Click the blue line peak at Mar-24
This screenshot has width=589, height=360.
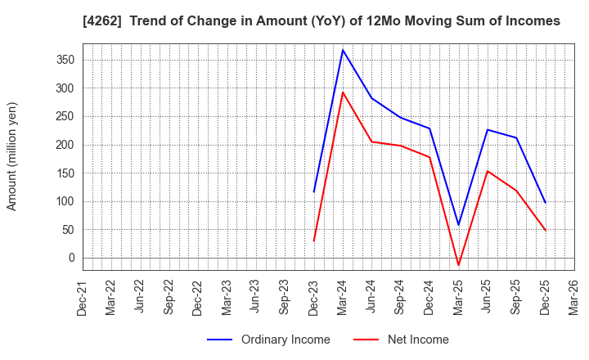pyautogui.click(x=343, y=50)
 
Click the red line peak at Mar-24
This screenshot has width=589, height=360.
pyautogui.click(x=343, y=92)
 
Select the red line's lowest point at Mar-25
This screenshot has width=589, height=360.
pyautogui.click(x=458, y=265)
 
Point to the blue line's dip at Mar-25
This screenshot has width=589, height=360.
pyautogui.click(x=458, y=225)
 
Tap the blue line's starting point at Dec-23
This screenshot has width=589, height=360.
pyautogui.click(x=314, y=192)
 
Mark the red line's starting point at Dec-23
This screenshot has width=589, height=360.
pyautogui.click(x=314, y=241)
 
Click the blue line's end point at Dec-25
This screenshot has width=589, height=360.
pyautogui.click(x=545, y=203)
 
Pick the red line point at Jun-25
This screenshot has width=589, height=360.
pyautogui.click(x=488, y=171)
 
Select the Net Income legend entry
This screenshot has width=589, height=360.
pyautogui.click(x=418, y=340)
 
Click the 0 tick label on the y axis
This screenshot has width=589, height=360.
pyautogui.click(x=71, y=258)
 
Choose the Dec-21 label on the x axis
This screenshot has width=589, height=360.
pyautogui.click(x=83, y=297)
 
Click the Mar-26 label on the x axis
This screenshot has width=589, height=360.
pyautogui.click(x=574, y=297)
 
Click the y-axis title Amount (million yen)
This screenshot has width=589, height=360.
pyautogui.click(x=12, y=156)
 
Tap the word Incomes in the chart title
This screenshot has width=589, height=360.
pyautogui.click(x=533, y=21)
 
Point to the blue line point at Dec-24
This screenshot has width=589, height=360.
pyautogui.click(x=429, y=128)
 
